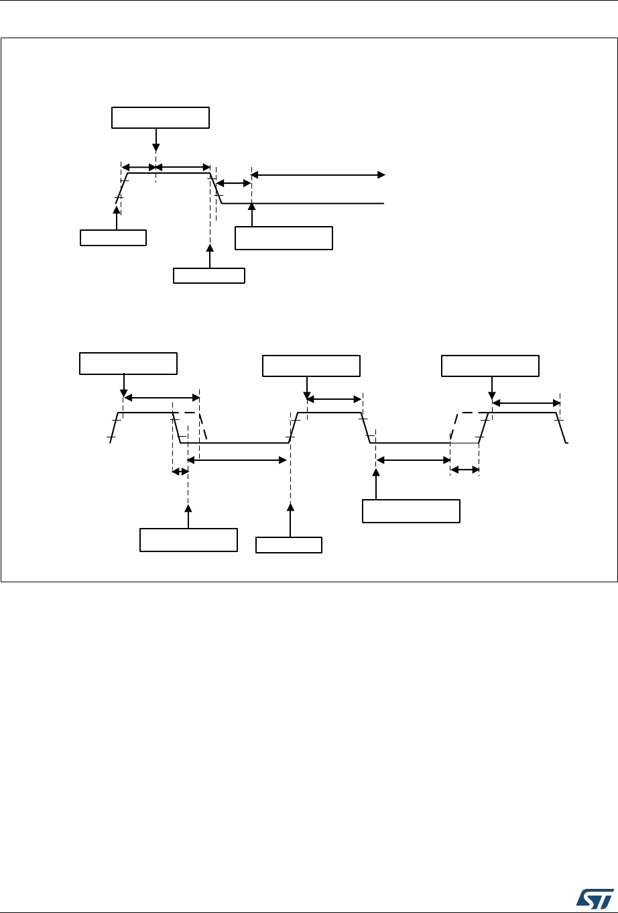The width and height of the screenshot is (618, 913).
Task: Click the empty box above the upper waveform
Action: tap(160, 117)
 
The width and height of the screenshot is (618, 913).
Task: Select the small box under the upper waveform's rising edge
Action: tap(113, 237)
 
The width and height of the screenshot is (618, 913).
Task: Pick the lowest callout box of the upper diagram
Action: tap(209, 276)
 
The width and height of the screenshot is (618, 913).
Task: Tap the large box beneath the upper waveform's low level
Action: tap(284, 238)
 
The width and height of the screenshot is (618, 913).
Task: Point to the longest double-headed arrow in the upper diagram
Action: tap(318, 175)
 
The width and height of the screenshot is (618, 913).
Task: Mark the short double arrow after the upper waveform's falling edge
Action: tap(233, 182)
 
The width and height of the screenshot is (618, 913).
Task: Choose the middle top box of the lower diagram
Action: tap(311, 366)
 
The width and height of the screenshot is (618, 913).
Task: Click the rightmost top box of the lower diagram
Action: tap(490, 366)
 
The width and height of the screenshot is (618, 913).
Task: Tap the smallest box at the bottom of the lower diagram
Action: tap(289, 544)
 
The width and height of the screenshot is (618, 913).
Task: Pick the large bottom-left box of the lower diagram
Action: tap(188, 540)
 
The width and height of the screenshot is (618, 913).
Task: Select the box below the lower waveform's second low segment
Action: tap(411, 511)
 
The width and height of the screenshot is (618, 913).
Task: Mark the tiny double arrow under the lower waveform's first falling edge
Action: tap(180, 472)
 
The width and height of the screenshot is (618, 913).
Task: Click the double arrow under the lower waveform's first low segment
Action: tap(237, 460)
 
